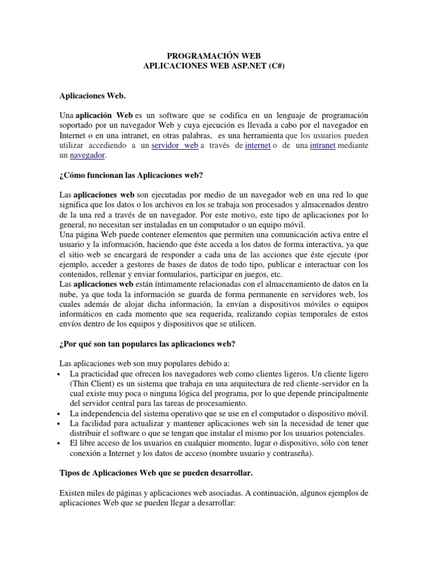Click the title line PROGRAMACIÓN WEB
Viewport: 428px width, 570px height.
214,56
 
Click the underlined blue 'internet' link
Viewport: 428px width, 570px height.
257,145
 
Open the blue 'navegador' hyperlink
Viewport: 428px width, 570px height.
87,155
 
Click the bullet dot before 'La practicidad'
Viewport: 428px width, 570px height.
60,374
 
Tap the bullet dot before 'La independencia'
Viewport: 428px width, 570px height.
60,414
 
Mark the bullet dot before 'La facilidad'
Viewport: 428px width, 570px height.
60,424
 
